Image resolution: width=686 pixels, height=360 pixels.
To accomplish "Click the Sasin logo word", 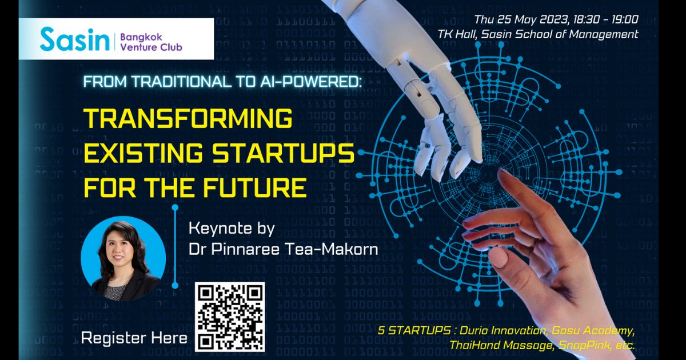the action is click(74, 39).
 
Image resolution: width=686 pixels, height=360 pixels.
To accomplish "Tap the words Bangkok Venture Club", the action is click(151, 42).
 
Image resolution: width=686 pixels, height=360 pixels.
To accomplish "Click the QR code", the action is click(230, 317).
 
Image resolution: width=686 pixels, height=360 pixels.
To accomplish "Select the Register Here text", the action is click(134, 338).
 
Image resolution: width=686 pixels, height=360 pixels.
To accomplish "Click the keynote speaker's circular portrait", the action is click(123, 258).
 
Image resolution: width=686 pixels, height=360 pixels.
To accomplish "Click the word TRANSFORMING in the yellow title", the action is click(188, 118).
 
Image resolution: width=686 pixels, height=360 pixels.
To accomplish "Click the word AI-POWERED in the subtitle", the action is click(311, 82).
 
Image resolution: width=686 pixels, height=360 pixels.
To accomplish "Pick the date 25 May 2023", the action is click(533, 19).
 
